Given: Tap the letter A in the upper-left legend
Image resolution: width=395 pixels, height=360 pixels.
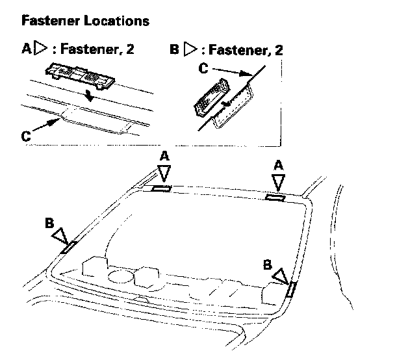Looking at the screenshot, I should (x=27, y=49).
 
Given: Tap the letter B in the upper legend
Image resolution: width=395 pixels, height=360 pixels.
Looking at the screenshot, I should (x=174, y=49).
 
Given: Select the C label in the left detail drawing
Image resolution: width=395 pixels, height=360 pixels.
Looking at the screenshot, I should (x=25, y=136).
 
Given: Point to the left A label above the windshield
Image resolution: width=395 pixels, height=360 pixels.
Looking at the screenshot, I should (x=164, y=156).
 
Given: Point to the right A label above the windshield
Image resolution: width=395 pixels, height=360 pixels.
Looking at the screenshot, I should (x=279, y=166).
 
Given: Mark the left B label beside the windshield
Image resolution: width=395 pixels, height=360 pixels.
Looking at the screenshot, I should (x=49, y=222).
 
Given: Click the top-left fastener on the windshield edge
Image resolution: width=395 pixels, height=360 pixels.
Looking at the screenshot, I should (x=160, y=189).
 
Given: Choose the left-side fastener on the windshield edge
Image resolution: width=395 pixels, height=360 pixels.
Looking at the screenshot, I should (x=68, y=247).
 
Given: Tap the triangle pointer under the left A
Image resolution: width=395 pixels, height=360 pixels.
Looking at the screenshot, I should (x=165, y=172).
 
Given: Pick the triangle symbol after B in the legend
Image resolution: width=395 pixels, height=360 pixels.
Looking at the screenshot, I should (x=190, y=49).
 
